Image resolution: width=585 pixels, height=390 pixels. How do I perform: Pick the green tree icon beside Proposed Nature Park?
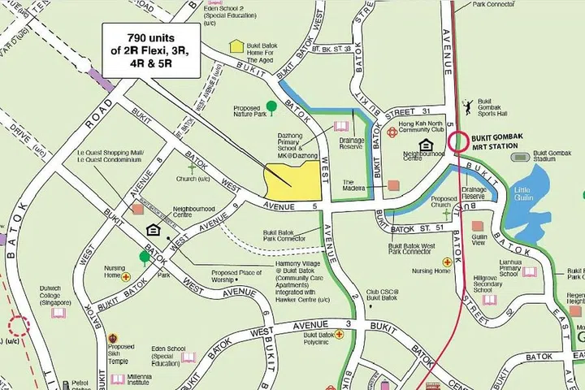271,106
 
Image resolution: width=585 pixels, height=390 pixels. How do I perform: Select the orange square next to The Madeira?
393,185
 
